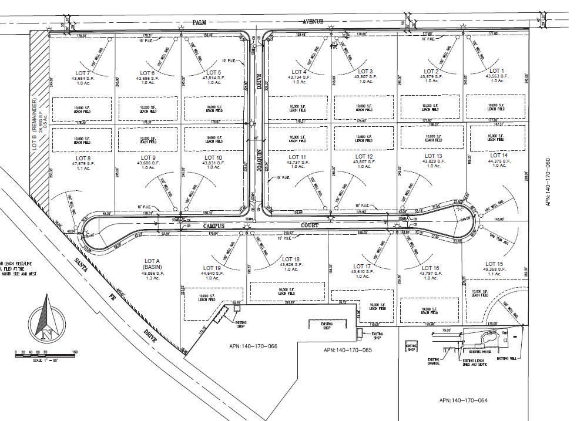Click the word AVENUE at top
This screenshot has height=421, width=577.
(313, 22)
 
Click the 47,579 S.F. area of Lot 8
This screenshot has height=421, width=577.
(80, 163)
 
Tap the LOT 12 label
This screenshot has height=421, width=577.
(364, 157)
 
